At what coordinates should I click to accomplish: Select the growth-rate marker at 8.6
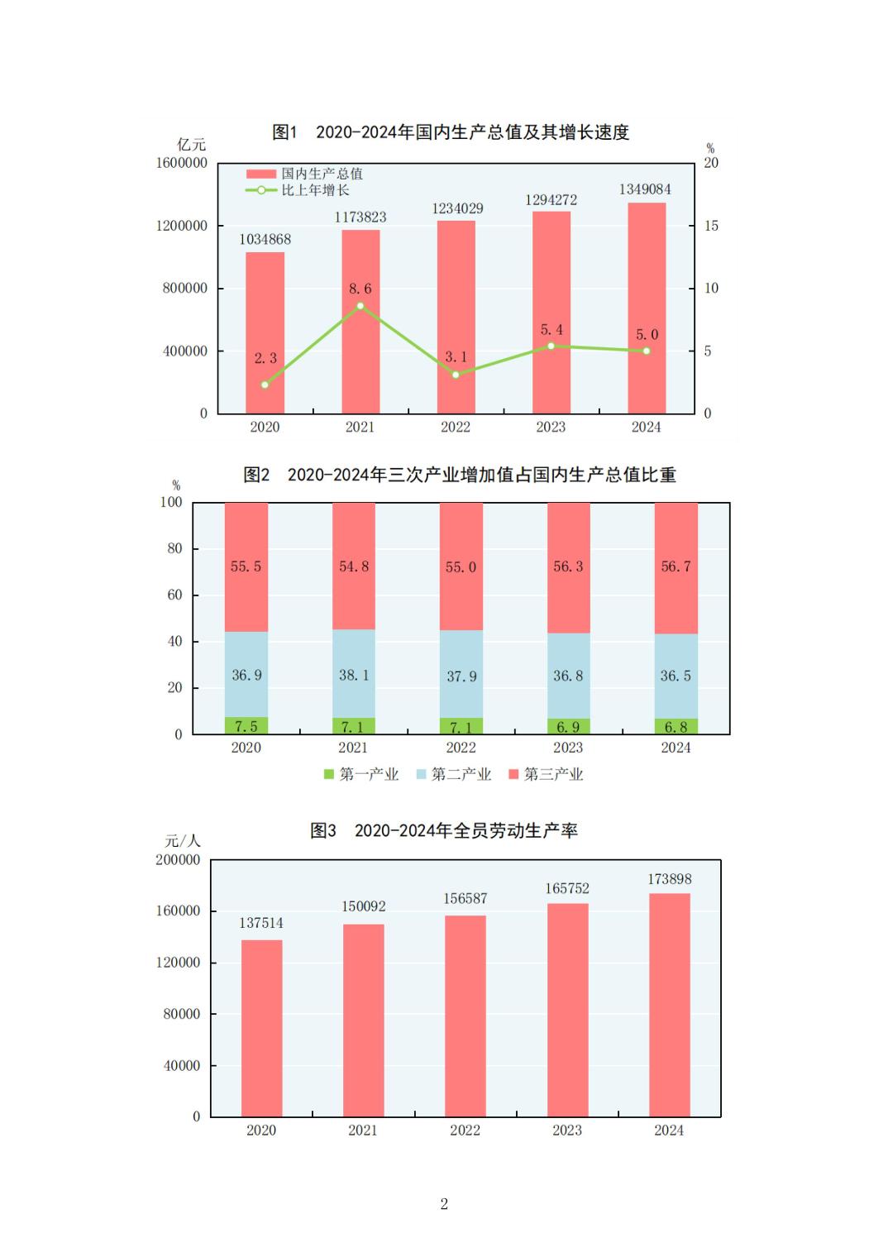[x=360, y=306]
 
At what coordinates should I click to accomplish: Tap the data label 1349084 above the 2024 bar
[x=645, y=189]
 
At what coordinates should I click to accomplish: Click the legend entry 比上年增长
[x=315, y=190]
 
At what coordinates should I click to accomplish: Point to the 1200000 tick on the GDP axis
[x=181, y=226]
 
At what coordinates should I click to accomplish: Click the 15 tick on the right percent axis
[x=711, y=226]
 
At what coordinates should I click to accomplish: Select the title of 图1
[x=451, y=132]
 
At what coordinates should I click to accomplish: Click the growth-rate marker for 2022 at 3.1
[x=456, y=375]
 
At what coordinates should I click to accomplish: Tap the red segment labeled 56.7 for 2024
[x=676, y=567]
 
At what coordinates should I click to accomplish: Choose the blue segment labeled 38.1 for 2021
[x=354, y=674]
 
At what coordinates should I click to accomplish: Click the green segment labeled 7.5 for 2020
[x=246, y=726]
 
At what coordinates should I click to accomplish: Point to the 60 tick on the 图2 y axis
[x=174, y=595]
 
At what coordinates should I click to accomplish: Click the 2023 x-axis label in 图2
[x=568, y=748]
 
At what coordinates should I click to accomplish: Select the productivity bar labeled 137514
[x=261, y=1028]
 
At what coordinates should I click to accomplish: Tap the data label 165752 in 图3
[x=567, y=888]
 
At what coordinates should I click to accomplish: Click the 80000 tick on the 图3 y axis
[x=182, y=1014]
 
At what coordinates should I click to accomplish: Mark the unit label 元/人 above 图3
[x=183, y=841]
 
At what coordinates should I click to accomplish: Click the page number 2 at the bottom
[x=444, y=1204]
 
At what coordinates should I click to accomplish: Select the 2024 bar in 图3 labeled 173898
[x=669, y=1005]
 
